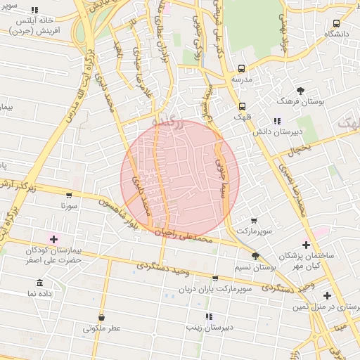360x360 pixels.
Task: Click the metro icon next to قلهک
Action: pos(243,105)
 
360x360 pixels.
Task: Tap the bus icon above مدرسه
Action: pos(242,69)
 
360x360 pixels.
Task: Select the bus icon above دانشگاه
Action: pos(337,22)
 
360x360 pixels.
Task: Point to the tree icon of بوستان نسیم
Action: pos(255,257)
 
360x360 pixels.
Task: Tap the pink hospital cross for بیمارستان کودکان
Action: pos(53,240)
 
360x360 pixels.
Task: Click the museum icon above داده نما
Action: pos(39,283)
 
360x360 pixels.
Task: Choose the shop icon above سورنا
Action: pos(68,195)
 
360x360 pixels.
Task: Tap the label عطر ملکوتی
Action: pos(102,328)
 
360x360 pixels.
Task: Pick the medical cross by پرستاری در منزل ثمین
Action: pos(326,295)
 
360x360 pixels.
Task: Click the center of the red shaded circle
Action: pos(180,179)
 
